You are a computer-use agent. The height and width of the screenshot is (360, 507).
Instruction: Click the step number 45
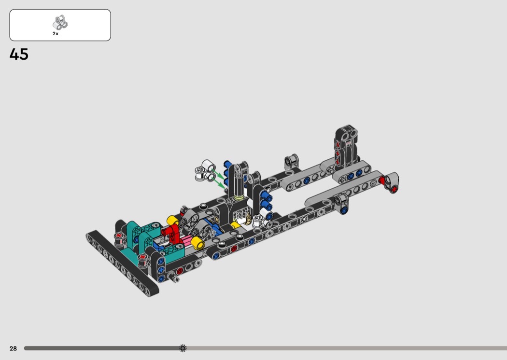[x=19, y=55]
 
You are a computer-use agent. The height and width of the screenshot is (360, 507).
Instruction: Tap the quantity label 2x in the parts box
[x=56, y=34]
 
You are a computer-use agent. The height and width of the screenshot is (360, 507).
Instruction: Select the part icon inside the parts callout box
[x=60, y=23]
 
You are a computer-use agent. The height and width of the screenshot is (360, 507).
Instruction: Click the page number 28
[x=13, y=348]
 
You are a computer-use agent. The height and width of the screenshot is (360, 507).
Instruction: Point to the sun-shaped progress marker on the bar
[x=183, y=348]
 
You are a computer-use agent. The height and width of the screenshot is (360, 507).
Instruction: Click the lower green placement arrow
[x=219, y=183]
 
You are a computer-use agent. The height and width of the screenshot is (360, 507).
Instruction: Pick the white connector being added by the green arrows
[x=205, y=170]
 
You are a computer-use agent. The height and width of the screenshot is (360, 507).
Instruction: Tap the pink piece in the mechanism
[x=186, y=241]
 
